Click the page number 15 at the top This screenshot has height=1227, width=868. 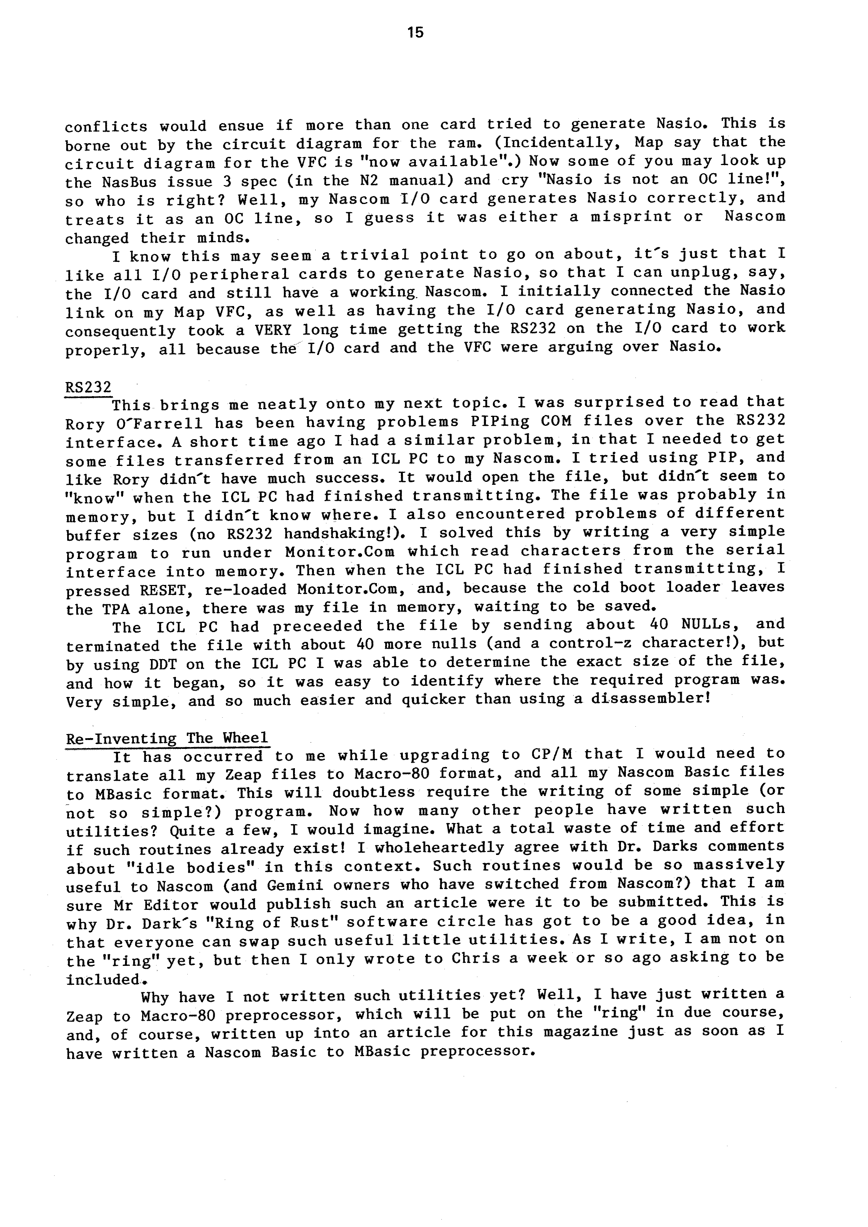[x=415, y=33]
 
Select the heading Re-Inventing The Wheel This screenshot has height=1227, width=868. [x=167, y=738]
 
